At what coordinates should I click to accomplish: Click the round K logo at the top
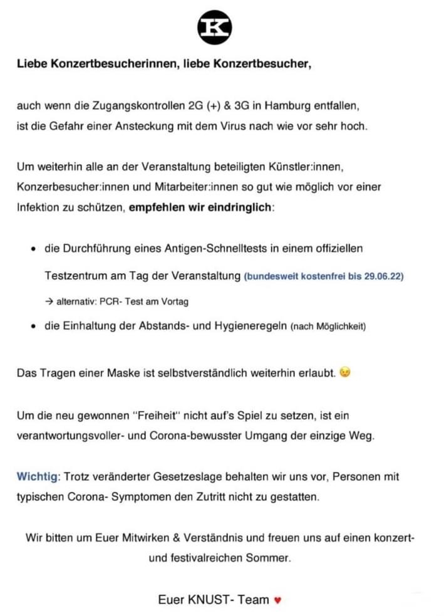[x=215, y=27]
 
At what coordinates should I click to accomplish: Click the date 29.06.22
[x=383, y=276]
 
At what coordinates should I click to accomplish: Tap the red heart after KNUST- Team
[x=278, y=600]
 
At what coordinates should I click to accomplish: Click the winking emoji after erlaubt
[x=345, y=372]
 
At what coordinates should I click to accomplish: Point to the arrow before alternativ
[x=49, y=301]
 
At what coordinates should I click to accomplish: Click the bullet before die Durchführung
[x=33, y=249]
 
